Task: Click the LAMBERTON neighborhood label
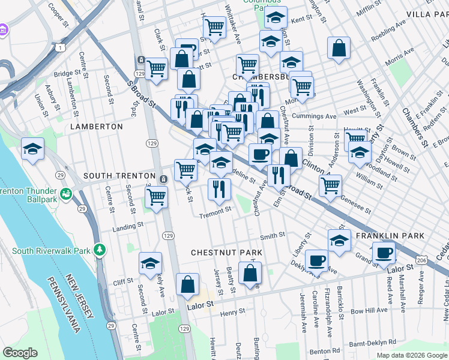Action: (x=96, y=127)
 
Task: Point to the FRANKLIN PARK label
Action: (x=387, y=236)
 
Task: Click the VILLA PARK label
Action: (x=427, y=13)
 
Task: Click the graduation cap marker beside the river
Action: (x=32, y=149)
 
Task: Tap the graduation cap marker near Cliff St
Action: (x=150, y=263)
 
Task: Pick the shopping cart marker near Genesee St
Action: (x=330, y=185)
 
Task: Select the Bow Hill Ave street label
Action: (x=369, y=311)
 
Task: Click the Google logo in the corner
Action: (x=20, y=353)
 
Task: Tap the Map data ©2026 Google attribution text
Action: (x=411, y=355)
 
